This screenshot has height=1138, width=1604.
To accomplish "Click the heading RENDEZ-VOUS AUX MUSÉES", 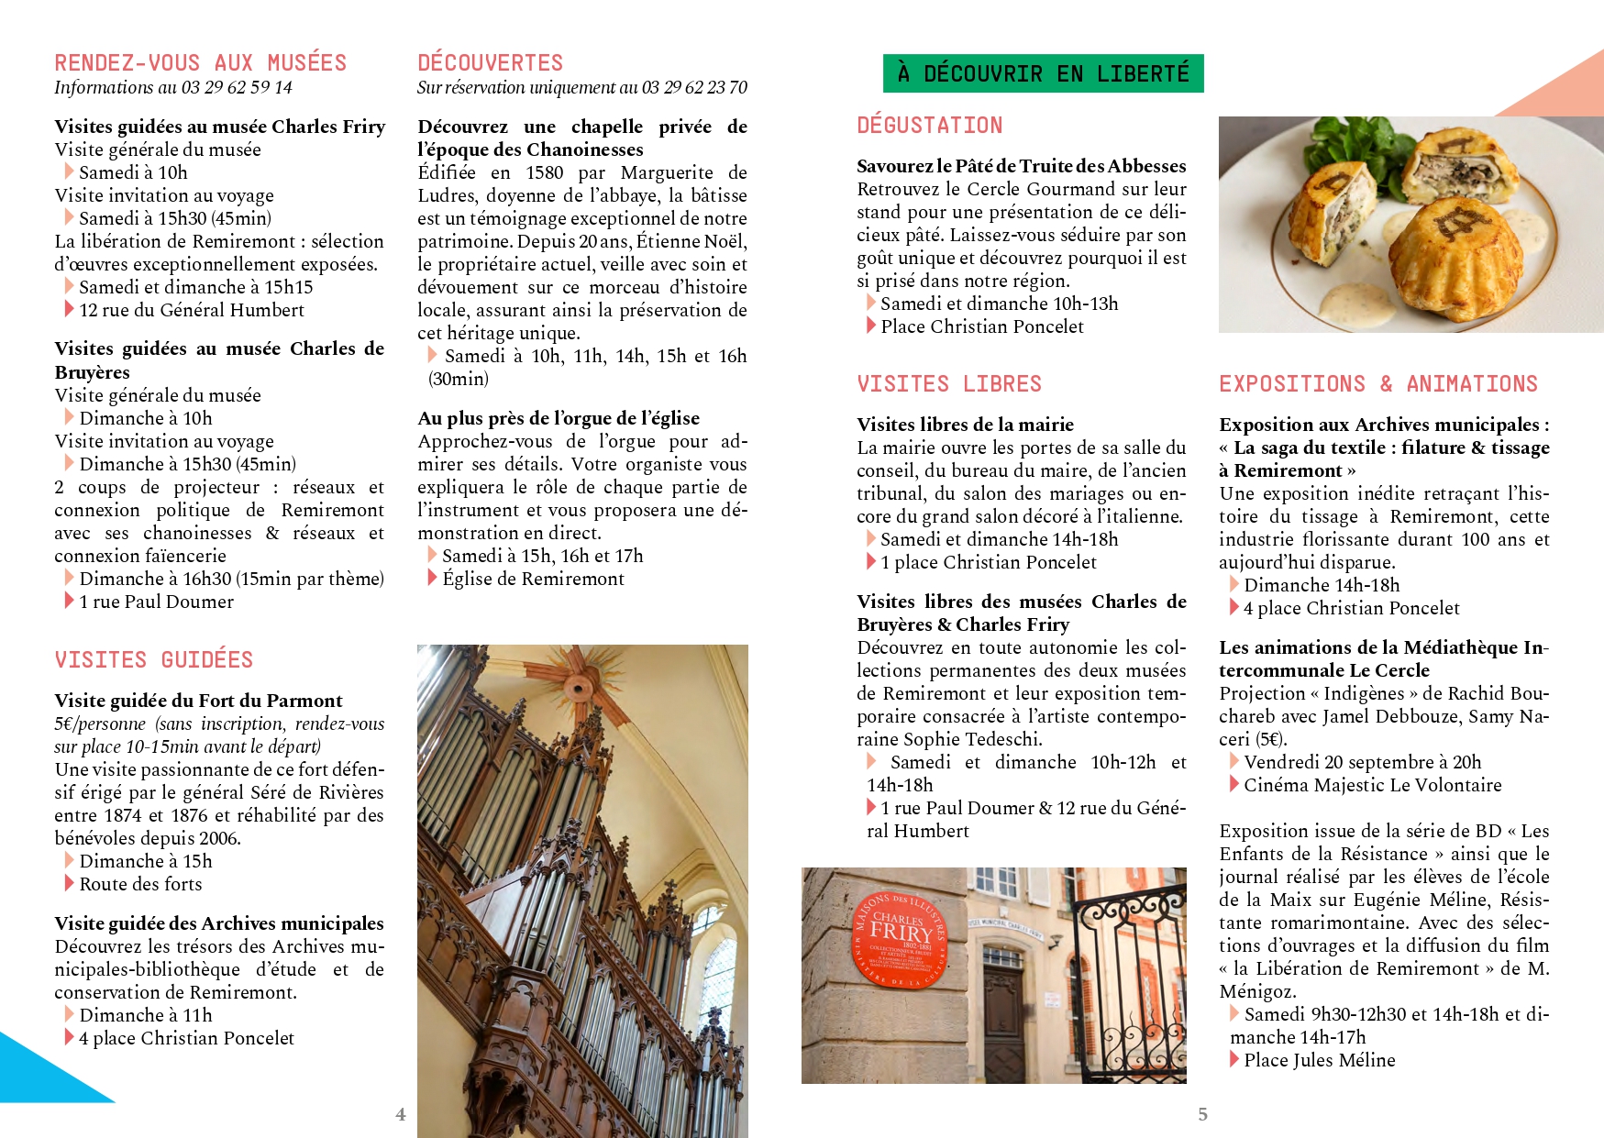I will [200, 63].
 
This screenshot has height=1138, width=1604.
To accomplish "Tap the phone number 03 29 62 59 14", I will [237, 88].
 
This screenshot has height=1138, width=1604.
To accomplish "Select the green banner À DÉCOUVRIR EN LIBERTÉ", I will [1043, 73].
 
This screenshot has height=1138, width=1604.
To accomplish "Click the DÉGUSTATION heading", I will [929, 126].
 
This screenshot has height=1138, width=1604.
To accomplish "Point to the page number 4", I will [400, 1114].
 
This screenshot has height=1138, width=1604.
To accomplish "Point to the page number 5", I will [1202, 1114].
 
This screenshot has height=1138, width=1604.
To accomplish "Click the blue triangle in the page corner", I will [41, 1073].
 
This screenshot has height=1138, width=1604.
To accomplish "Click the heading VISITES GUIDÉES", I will [153, 660].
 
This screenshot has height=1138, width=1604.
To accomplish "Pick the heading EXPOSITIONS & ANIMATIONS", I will [1377, 384].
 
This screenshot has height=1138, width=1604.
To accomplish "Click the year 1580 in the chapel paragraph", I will [544, 172].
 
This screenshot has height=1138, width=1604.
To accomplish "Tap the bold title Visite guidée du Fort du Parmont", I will [198, 701].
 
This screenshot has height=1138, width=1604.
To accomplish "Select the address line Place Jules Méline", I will [1319, 1060].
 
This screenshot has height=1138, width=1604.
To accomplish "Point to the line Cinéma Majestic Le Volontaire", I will [1372, 785].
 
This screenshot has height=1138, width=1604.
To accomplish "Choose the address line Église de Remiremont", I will [533, 579].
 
